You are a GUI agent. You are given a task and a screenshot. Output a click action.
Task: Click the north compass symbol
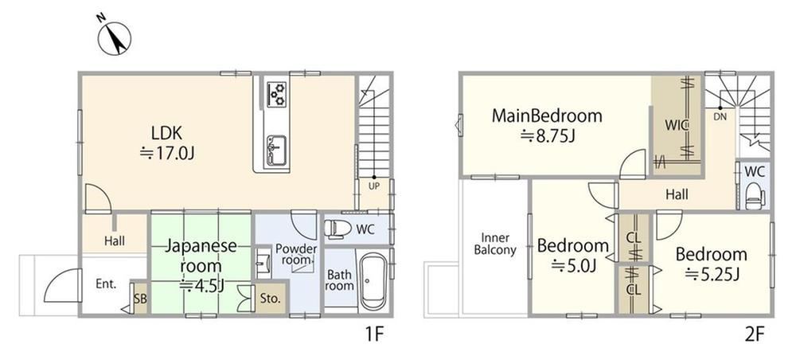coord(114,37)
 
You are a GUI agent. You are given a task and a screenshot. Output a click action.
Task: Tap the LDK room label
coord(167,133)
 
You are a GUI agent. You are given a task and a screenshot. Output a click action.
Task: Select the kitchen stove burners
coord(277,93)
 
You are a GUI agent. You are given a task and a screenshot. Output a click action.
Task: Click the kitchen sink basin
coord(277,149)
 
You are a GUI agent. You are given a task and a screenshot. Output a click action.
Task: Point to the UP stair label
coord(373,186)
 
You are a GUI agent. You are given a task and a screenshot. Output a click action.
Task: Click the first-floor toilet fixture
coord(335,229)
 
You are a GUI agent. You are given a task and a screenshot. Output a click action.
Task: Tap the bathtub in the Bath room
coord(373,281)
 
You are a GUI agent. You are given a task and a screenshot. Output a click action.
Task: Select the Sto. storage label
coord(270,299)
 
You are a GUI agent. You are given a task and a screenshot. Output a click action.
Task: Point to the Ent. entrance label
coord(106,284)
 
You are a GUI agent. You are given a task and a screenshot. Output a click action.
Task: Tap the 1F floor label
coord(373,335)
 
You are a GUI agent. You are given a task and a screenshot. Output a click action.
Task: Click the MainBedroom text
coord(547,115)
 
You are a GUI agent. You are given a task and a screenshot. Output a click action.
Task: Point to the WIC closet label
coord(677,124)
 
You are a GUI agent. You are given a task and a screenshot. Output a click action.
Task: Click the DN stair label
coord(720,116)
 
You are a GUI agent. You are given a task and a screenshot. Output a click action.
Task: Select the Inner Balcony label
coord(495,244)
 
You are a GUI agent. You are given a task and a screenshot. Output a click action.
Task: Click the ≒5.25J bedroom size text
coord(711,275)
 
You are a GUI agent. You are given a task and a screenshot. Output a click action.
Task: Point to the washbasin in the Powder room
coord(263,263)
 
